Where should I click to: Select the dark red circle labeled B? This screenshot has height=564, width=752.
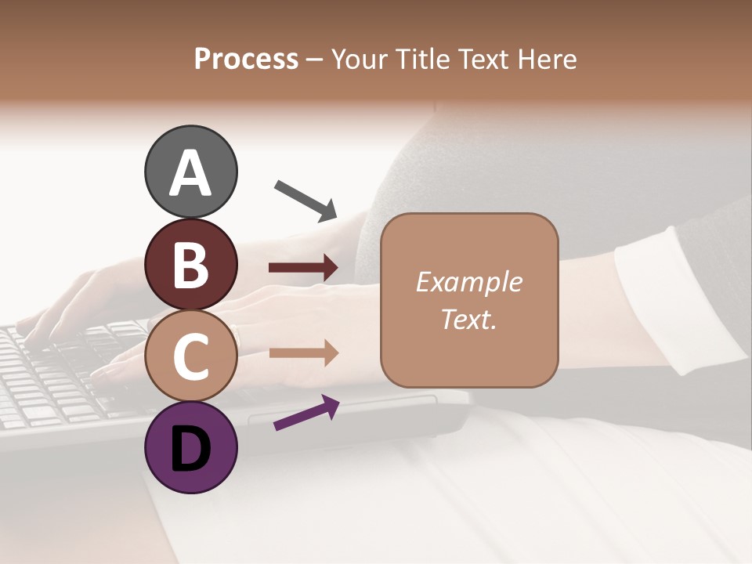(x=190, y=264)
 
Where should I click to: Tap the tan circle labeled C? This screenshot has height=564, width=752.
(x=190, y=356)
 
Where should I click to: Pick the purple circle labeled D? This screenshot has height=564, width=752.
(x=190, y=447)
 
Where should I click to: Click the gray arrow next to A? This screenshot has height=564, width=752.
(x=305, y=200)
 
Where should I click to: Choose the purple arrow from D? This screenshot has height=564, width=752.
(x=306, y=413)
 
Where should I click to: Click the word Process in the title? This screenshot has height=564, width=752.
(x=246, y=59)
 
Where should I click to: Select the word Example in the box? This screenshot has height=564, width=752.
(x=468, y=282)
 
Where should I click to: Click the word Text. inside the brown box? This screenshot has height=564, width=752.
(x=468, y=319)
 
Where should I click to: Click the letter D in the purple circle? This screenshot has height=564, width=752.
(x=190, y=449)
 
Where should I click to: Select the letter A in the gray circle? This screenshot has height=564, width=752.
(x=190, y=173)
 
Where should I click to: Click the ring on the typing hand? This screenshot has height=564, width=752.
(x=235, y=339)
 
